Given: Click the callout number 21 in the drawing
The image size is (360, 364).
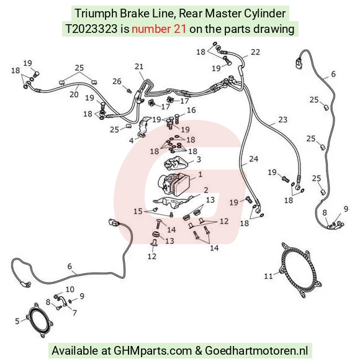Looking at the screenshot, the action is pyautogui.click(x=139, y=66).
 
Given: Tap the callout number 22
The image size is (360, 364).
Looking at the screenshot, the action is pyautogui.click(x=255, y=52).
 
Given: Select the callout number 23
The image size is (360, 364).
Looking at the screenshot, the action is pyautogui.click(x=283, y=120).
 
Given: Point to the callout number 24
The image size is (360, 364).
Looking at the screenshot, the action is pyautogui.click(x=253, y=159).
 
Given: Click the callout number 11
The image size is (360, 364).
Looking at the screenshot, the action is pyautogui.click(x=268, y=276).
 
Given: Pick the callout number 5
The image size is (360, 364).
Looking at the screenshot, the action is pyautogui.click(x=17, y=321).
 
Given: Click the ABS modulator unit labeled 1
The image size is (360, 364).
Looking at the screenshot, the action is pyautogui.click(x=174, y=183).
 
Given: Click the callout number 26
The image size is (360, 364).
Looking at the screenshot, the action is pyautogui.click(x=117, y=81).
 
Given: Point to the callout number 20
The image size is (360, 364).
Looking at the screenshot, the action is pyautogui.click(x=74, y=94).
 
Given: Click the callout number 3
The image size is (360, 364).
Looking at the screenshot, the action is pyautogui.click(x=199, y=160).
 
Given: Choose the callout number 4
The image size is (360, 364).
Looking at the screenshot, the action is pyautogui.click(x=132, y=140).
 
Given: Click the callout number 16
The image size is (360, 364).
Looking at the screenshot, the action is pyautogui.click(x=191, y=110).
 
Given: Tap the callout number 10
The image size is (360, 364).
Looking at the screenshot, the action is pyautogui.click(x=70, y=289).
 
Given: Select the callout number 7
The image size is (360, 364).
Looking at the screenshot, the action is pyautogui.click(x=74, y=312).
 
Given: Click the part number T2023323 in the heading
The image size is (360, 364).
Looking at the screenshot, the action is pyautogui.click(x=91, y=29).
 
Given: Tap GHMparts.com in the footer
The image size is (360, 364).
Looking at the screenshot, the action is pyautogui.click(x=153, y=350).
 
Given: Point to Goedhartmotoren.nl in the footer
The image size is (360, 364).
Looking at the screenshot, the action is pyautogui.click(x=256, y=350).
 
